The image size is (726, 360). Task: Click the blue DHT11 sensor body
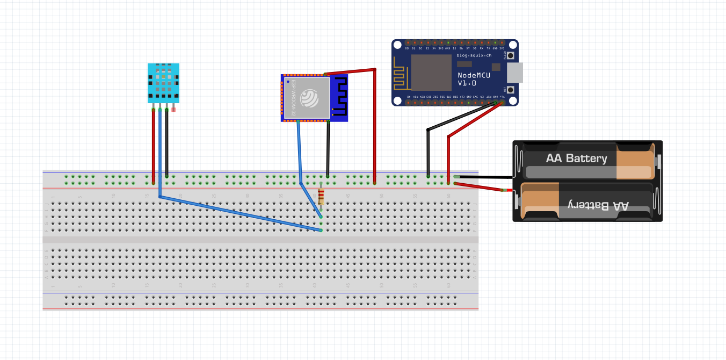click(x=163, y=83)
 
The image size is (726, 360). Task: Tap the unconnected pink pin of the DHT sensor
click(x=173, y=109)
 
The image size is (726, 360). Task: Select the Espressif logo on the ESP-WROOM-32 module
click(x=310, y=98)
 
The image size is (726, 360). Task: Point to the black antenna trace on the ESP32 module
click(x=339, y=97)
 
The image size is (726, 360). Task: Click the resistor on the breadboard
click(x=321, y=197)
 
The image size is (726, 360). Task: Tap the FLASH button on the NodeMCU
click(x=511, y=55)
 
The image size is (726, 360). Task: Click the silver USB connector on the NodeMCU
click(x=514, y=73)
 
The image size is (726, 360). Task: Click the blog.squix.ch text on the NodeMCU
click(x=474, y=55)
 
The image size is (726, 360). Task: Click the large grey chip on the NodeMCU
click(x=431, y=73)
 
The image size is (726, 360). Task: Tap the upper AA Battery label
click(x=576, y=159)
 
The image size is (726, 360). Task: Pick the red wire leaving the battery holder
click(x=481, y=186)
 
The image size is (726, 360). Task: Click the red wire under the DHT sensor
click(x=153, y=145)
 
